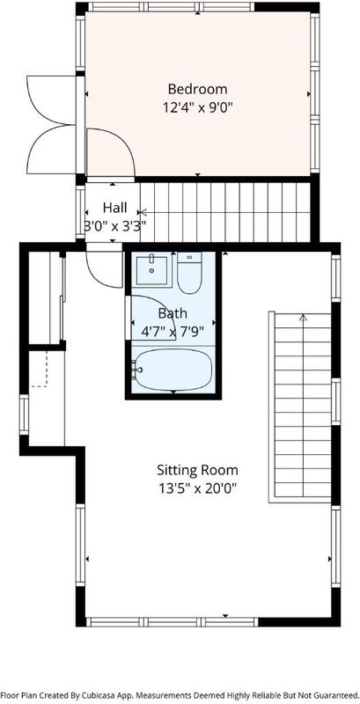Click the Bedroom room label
197,89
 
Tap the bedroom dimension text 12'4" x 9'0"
197,107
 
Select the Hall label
115,208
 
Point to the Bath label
173,313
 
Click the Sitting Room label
197,470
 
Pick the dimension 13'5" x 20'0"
197,488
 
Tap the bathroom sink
151,270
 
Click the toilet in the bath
189,273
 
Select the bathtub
173,370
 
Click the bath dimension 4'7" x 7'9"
173,332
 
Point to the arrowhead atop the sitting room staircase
303,318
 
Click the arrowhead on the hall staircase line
143,212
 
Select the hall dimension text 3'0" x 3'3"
115,226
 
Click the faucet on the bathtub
138,370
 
